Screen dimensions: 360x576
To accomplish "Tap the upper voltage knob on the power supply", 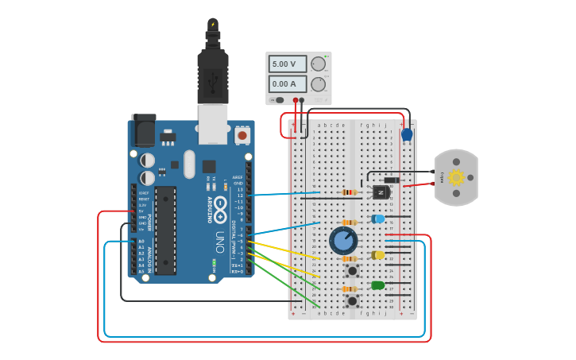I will pyautogui.click(x=319, y=64).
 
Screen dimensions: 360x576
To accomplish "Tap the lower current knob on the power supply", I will pyautogui.click(x=319, y=84).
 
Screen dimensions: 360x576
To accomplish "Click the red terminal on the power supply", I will pyautogui.click(x=296, y=100).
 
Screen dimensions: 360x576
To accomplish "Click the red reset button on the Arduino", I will pyautogui.click(x=242, y=136).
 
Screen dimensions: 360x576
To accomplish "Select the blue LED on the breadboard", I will pyautogui.click(x=378, y=219).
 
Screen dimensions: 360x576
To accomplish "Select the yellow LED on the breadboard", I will pyautogui.click(x=378, y=255).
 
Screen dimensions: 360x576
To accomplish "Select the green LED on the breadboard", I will pyautogui.click(x=377, y=285).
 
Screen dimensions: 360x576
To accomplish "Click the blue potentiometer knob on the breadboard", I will pyautogui.click(x=343, y=240).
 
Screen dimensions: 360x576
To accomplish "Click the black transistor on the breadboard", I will pyautogui.click(x=381, y=192).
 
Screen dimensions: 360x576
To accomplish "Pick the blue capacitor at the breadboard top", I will pyautogui.click(x=407, y=134).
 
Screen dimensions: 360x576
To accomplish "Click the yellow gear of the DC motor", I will pyautogui.click(x=456, y=177).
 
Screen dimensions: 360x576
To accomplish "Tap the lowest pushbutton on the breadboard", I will pyautogui.click(x=351, y=300).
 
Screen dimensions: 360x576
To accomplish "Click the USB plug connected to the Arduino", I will pyautogui.click(x=212, y=79).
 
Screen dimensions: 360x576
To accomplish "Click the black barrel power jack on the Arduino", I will pyautogui.click(x=144, y=130).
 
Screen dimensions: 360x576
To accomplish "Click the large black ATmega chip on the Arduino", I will pyautogui.click(x=165, y=230).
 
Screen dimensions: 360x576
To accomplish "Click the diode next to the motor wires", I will pyautogui.click(x=391, y=180).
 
